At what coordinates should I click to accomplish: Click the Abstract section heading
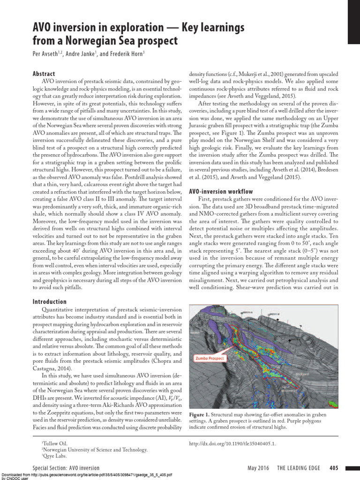point(44,74)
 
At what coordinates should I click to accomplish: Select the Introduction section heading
point(49,302)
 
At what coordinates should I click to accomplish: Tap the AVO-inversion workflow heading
point(220,192)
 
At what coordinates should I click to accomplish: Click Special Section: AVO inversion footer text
point(66,468)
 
